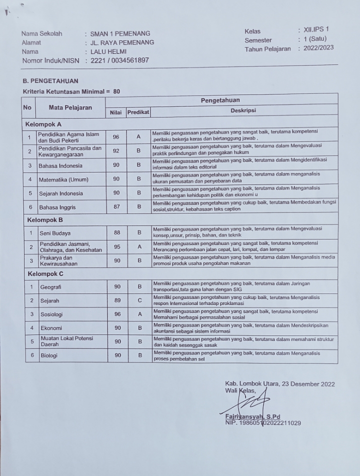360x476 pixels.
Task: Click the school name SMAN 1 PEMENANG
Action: pos(120,33)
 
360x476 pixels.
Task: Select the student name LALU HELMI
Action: pos(108,51)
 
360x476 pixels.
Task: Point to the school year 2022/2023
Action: pos(318,48)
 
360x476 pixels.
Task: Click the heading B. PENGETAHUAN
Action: pos(50,80)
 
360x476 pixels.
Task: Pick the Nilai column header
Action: pos(115,112)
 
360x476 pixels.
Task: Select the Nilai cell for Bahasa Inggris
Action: pos(116,206)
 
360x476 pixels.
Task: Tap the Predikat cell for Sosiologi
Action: pos(140,314)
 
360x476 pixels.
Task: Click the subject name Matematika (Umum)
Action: pos(62,179)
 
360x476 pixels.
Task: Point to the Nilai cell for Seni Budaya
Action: pos(116,232)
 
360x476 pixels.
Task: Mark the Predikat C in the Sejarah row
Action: pos(140,300)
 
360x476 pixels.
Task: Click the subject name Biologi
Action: pos(50,355)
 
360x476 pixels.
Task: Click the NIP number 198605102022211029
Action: pos(263,423)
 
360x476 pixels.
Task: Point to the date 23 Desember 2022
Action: pos(307,384)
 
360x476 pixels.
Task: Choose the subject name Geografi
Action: pos(51,287)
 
